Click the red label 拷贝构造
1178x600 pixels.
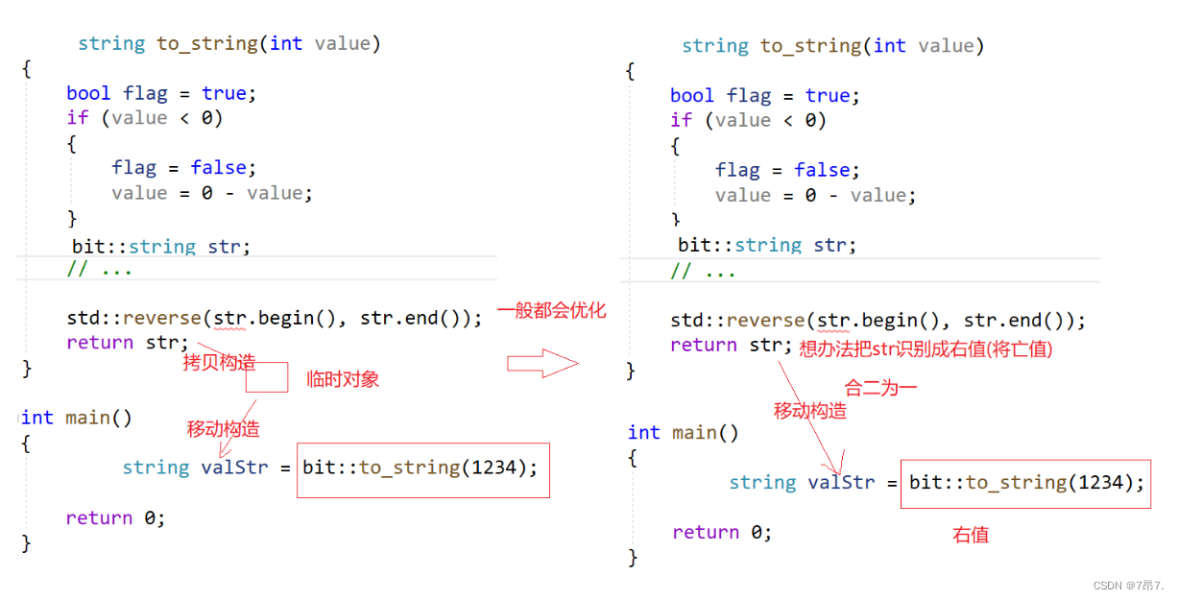[x=220, y=362]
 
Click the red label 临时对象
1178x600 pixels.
[x=343, y=379]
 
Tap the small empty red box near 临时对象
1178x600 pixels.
[x=267, y=377]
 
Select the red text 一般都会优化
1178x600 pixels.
[x=551, y=311]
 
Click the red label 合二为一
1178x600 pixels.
[x=880, y=388]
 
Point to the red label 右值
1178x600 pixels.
[x=971, y=535]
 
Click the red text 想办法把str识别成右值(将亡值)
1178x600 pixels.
[x=926, y=349]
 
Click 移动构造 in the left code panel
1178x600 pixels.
[x=223, y=428]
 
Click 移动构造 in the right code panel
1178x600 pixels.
[x=810, y=411]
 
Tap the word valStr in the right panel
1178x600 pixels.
[x=841, y=482]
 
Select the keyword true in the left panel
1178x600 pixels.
[x=224, y=93]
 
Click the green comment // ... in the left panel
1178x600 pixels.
[x=100, y=269]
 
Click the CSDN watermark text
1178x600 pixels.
[x=1129, y=585]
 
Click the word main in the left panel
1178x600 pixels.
[x=87, y=418]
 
